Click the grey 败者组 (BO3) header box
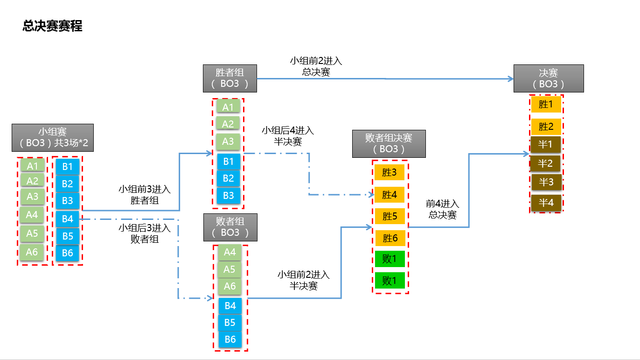click(229, 226)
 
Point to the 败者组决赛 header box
click(389, 143)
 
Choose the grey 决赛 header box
click(548, 78)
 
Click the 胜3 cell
click(389, 172)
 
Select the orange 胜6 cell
click(389, 238)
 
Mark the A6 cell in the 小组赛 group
click(33, 251)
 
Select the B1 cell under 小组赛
click(67, 166)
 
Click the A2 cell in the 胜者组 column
click(228, 125)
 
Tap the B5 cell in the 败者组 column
click(228, 323)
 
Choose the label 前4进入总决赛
click(440, 209)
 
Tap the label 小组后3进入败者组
click(144, 234)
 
